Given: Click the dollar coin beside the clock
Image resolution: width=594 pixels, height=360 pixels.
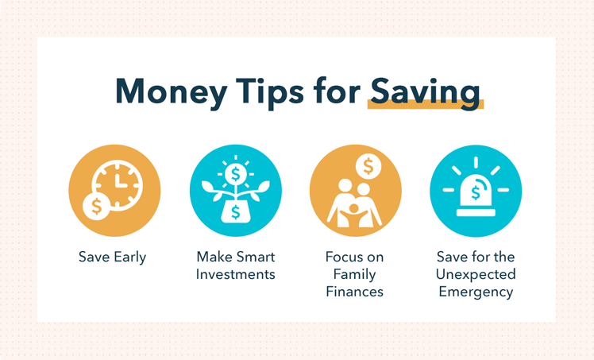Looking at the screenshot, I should coord(96,206).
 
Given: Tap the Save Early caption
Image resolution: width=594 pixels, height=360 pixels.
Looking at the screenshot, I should coord(113,257).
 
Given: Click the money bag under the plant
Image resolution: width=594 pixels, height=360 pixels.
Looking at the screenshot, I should coord(235,211).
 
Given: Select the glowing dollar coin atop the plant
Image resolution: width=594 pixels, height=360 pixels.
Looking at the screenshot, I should coord(235,172).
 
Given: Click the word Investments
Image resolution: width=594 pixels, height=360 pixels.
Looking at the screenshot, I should coord(235,274).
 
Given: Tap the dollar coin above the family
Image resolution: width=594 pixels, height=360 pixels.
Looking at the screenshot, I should coord(368,166).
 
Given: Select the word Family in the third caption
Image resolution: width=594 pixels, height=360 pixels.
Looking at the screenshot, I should coord(355,274).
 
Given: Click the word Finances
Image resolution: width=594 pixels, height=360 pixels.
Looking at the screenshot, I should coord(355,292).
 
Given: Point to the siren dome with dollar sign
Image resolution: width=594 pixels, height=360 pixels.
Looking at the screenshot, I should coord(476,192).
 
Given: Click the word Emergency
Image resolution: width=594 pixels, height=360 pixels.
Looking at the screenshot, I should coord(476,292).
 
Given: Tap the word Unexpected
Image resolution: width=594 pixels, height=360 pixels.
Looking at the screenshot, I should coord(476,274).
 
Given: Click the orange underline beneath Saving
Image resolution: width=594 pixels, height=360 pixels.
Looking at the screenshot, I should coord(425,104).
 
